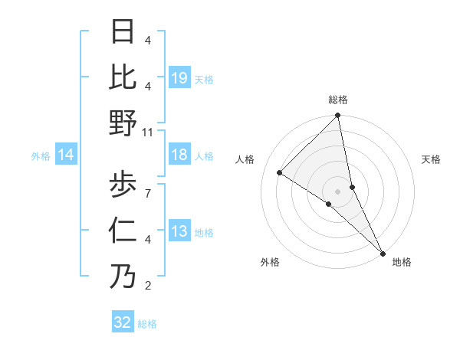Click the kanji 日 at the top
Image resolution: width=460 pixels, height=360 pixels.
123,32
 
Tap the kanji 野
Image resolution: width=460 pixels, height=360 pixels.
123,123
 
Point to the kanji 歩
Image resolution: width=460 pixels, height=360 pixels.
123,184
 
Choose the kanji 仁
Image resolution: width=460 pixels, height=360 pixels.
123,231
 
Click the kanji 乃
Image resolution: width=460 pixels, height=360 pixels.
123,277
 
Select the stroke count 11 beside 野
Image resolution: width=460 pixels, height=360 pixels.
148,132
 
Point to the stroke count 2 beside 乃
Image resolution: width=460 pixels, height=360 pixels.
147,286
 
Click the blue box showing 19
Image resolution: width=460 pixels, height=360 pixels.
179,78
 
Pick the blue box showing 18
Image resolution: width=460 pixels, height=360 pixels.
179,155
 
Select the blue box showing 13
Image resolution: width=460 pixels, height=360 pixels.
179,232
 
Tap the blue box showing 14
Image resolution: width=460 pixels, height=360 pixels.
66,155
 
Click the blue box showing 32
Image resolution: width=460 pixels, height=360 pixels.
123,322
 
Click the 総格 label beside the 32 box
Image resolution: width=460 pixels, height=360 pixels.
147,324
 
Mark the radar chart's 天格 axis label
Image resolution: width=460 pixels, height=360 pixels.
431,159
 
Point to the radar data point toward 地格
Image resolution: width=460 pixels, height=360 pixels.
382,253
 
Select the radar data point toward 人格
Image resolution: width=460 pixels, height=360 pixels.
280,173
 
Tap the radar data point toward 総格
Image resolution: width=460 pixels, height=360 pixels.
338,116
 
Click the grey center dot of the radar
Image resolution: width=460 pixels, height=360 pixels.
338,191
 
